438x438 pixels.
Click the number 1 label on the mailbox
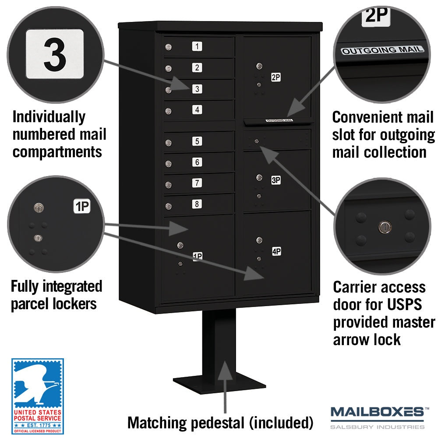pyautogui.click(x=197, y=46)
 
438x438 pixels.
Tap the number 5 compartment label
pyautogui.click(x=197, y=141)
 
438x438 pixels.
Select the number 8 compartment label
pyautogui.click(x=197, y=204)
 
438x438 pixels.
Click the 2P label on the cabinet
pyautogui.click(x=276, y=77)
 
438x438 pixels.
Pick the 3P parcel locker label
pyautogui.click(x=276, y=180)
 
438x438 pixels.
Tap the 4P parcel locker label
pyautogui.click(x=276, y=251)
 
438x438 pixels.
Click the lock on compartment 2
pyautogui.click(x=168, y=68)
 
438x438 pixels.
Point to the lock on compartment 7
pyautogui.click(x=168, y=185)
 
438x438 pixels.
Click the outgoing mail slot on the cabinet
pyautogui.click(x=278, y=121)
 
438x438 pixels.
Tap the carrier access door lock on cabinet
pyautogui.click(x=257, y=141)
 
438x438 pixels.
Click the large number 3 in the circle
pyautogui.click(x=55, y=55)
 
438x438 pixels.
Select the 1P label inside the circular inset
pyautogui.click(x=82, y=206)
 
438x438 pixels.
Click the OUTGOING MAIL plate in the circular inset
pyautogui.click(x=382, y=50)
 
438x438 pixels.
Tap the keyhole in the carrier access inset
pyautogui.click(x=385, y=227)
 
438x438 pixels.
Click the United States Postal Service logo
pyautogui.click(x=37, y=396)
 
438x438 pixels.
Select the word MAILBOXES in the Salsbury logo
pyautogui.click(x=378, y=412)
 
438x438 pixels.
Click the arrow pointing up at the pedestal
pyautogui.click(x=225, y=387)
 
